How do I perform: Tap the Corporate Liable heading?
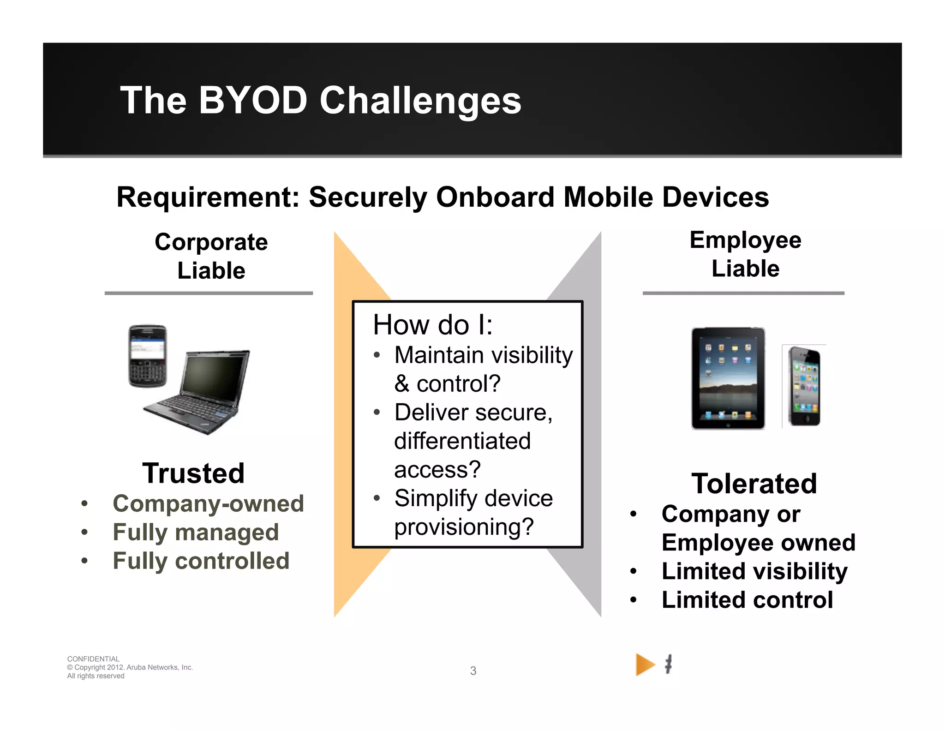point(211,256)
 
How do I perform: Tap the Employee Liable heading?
point(745,254)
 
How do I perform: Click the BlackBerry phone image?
point(147,356)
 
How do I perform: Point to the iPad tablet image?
point(728,378)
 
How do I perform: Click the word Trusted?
point(193,473)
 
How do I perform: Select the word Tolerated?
point(754,484)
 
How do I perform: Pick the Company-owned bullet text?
point(208,503)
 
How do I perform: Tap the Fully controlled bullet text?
point(201,561)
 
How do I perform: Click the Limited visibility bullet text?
point(754,571)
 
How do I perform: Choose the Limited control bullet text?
point(747,600)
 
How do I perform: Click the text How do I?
point(432,324)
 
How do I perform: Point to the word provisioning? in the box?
point(464,527)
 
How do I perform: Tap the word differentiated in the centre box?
point(462,441)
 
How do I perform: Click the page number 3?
point(473,671)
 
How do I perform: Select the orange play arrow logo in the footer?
point(645,665)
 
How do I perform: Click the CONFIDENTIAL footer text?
point(93,659)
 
